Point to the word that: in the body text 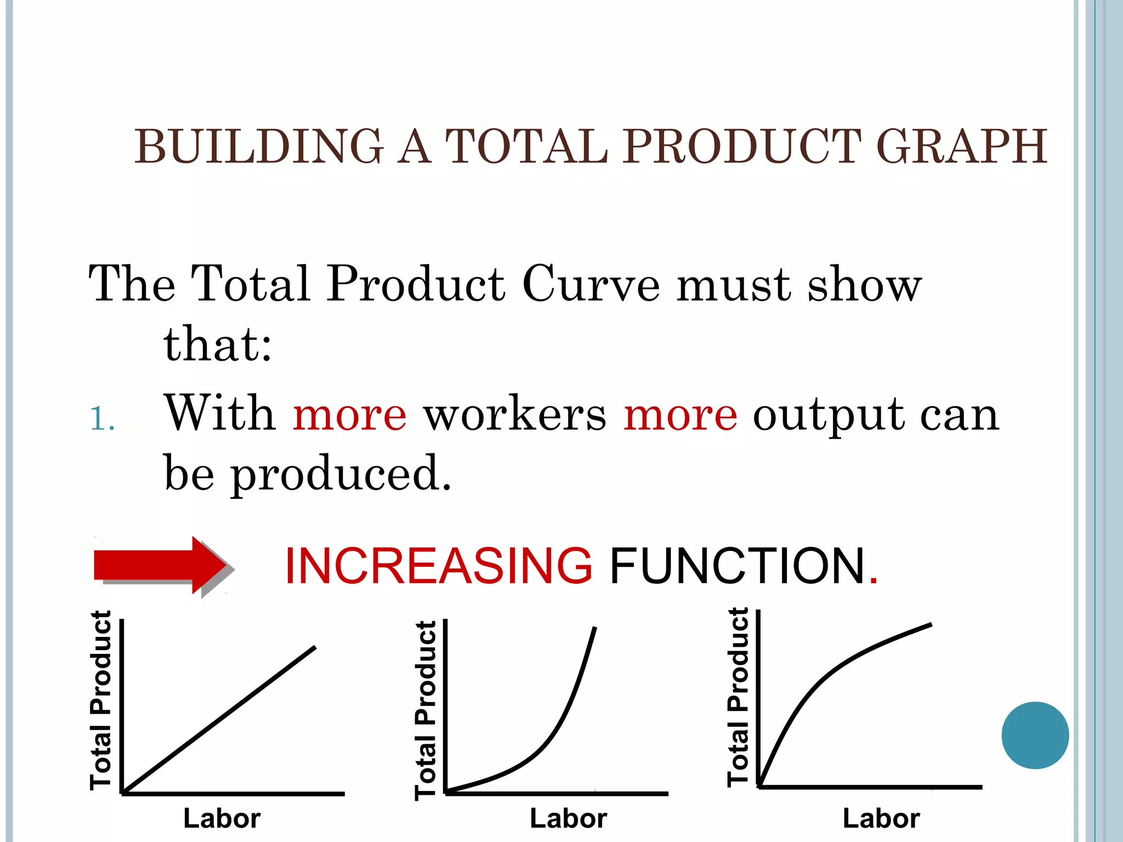218,344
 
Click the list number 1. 102,420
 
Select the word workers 515,414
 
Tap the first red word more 350,414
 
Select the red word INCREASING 439,566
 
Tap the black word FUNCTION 738,566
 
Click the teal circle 1035,735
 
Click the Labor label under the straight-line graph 222,818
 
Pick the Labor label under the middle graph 569,818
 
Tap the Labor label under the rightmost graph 881,818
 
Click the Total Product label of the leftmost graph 101,701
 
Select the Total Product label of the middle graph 426,710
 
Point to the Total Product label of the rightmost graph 738,697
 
